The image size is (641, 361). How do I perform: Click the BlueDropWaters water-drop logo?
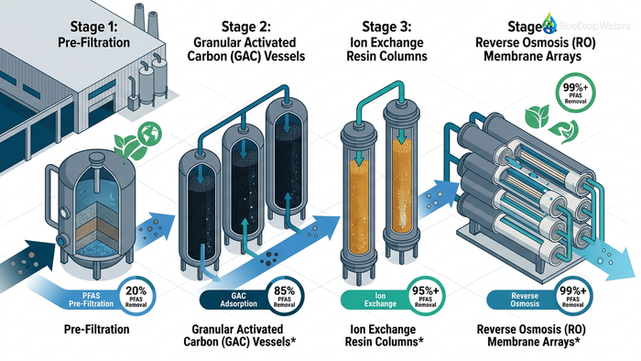[549, 20]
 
